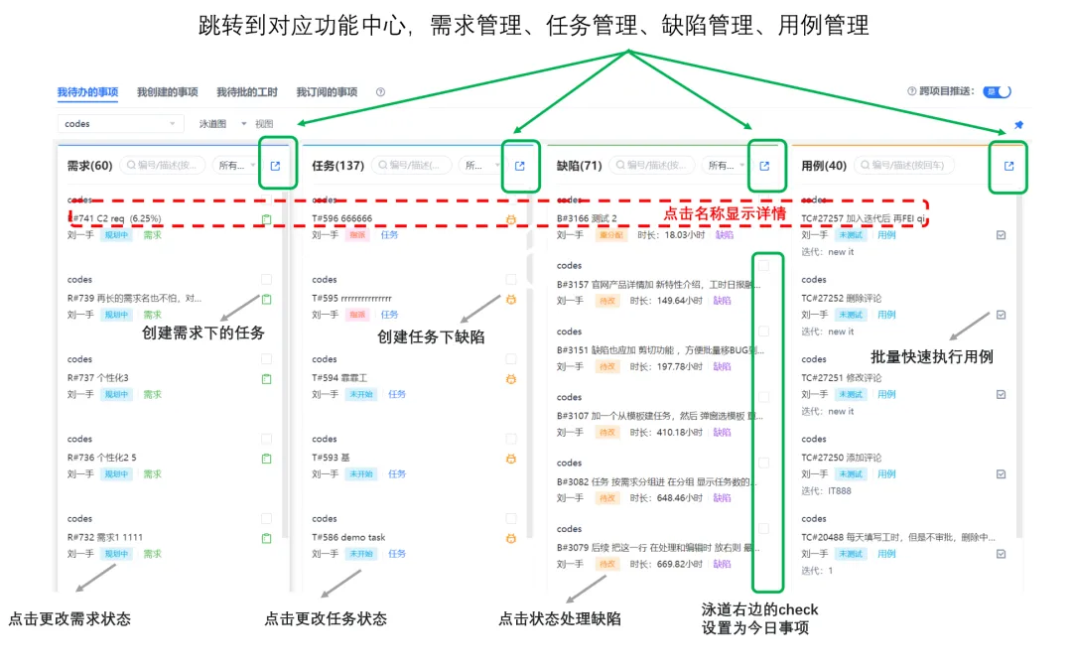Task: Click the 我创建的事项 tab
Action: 167,92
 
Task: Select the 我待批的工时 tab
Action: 246,92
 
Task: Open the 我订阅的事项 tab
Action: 326,92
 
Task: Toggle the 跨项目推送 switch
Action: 997,91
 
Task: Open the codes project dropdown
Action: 120,124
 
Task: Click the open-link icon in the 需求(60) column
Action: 276,166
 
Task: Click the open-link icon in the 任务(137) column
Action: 520,166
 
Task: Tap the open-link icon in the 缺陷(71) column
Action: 764,166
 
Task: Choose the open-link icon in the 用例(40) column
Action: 1009,166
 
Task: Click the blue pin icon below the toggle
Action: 1018,126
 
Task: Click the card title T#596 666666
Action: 342,218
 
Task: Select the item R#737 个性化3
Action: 98,377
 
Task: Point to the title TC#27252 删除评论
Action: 842,298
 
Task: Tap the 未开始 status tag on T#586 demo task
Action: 360,553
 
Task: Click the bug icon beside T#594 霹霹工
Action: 511,379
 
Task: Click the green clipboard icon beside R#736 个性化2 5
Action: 266,459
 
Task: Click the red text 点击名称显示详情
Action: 724,213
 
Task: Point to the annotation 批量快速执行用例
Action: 931,356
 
